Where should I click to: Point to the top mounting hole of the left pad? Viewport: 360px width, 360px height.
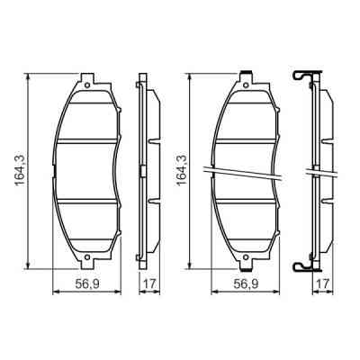point(88,83)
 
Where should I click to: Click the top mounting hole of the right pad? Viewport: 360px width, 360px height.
point(247,83)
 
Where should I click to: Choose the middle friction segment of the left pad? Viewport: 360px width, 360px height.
point(88,170)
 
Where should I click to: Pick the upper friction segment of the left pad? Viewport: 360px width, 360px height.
point(88,115)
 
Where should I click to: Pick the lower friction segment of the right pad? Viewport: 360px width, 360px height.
point(247,225)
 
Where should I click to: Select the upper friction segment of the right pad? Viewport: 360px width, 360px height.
point(247,115)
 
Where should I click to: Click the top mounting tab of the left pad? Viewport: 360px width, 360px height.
point(88,79)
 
